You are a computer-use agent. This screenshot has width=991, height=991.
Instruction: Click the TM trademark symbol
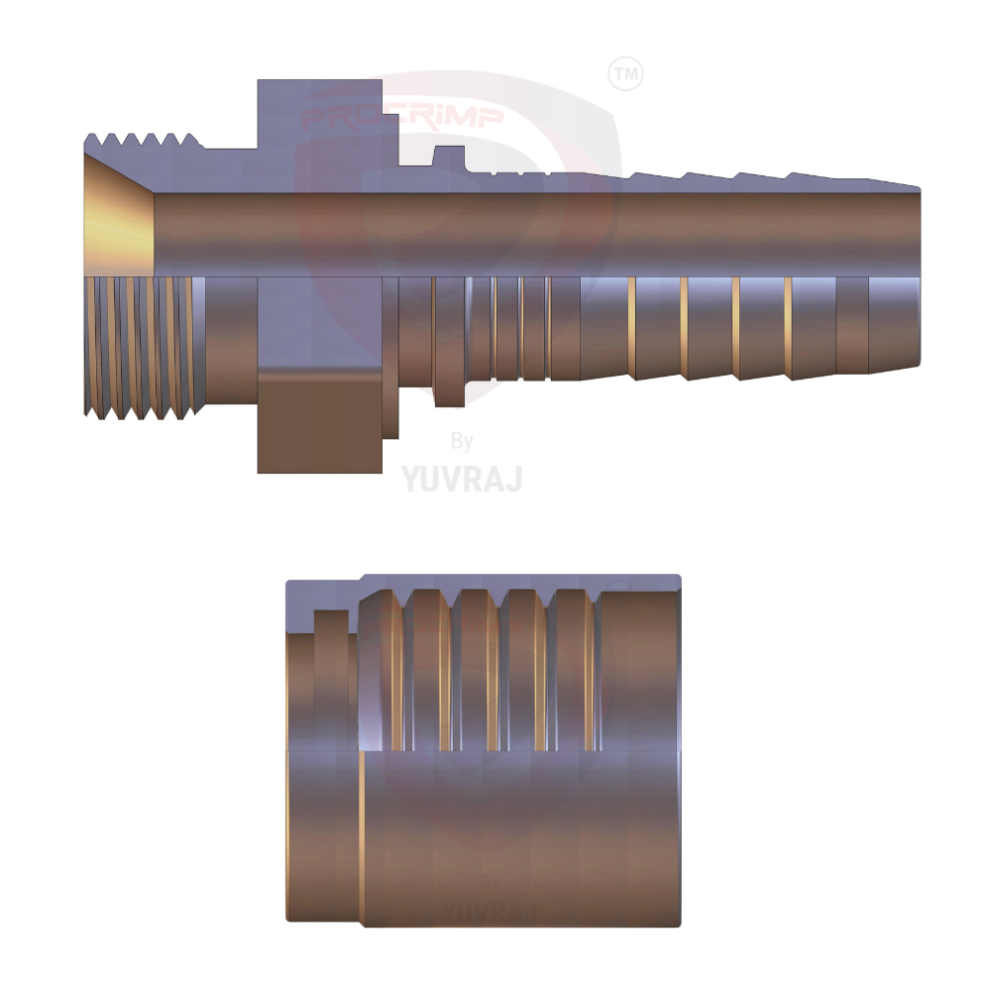tap(624, 74)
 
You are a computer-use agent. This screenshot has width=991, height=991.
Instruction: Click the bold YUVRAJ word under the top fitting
tap(462, 479)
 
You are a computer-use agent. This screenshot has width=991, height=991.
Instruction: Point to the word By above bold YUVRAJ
tap(462, 442)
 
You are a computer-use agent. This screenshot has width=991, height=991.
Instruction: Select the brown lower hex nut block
tap(319, 420)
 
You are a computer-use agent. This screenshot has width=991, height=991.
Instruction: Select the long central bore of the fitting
tap(535, 233)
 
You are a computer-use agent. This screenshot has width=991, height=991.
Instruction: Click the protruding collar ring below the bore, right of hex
tap(449, 342)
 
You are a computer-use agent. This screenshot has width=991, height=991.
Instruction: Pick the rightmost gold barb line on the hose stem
tap(788, 327)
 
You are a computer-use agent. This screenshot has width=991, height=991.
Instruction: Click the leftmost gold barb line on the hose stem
tap(630, 327)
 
